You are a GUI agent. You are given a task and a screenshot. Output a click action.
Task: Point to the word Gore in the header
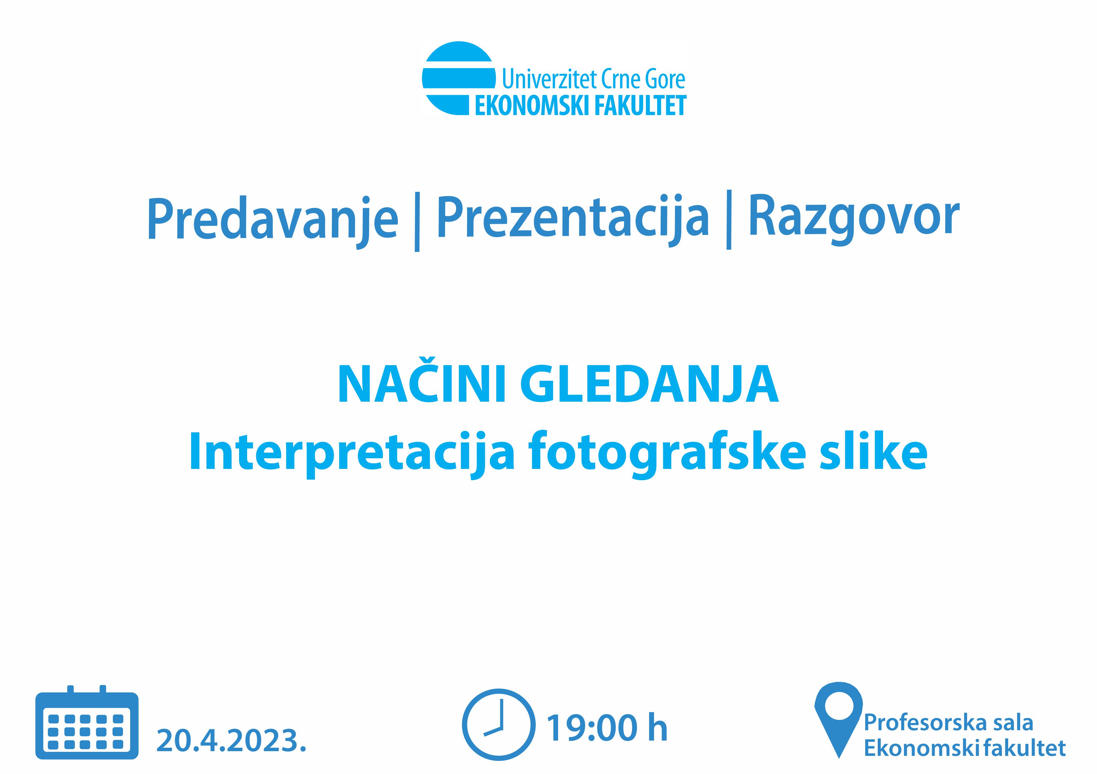(x=665, y=79)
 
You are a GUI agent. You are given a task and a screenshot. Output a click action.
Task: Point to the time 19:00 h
(x=607, y=728)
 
